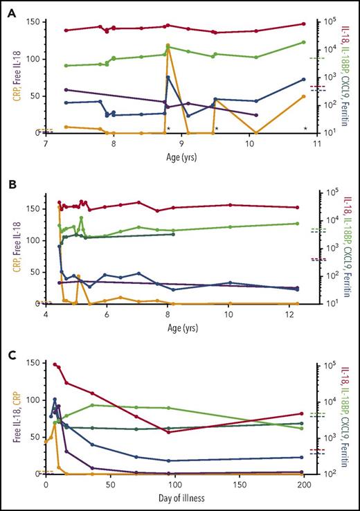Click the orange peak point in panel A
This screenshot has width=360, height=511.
tap(168, 46)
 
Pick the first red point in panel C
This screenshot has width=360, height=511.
tap(55, 364)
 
